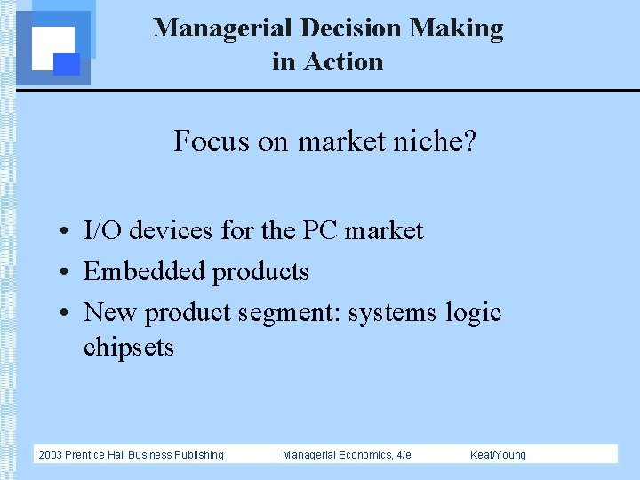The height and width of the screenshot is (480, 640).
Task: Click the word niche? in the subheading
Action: (x=436, y=140)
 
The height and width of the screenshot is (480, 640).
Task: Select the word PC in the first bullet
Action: (x=320, y=230)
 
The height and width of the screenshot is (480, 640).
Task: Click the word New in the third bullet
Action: (x=110, y=313)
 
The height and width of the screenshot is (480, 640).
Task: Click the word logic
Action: (x=474, y=313)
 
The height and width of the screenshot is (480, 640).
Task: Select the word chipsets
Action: (x=129, y=346)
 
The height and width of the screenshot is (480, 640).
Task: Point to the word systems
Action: (x=392, y=313)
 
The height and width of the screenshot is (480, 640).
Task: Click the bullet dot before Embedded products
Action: (x=67, y=272)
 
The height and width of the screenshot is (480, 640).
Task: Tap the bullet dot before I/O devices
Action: (x=67, y=231)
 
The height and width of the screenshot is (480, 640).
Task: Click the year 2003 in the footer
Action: (x=51, y=455)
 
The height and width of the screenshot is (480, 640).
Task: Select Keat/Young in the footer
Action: (x=498, y=455)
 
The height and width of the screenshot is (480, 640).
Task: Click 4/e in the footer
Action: (x=403, y=455)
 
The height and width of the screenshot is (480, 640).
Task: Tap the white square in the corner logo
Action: (x=51, y=46)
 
